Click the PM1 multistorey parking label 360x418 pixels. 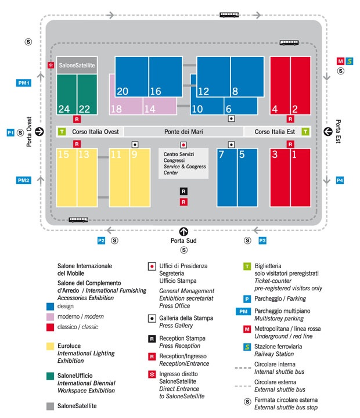(x=24, y=83)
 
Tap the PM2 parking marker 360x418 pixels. (x=23, y=180)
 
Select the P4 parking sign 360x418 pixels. (x=340, y=180)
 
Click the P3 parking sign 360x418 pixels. (x=262, y=240)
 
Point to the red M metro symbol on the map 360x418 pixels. (x=340, y=62)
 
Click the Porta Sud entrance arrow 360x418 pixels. (x=183, y=232)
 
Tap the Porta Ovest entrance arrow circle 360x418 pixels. (x=39, y=131)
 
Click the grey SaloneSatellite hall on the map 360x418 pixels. (x=77, y=65)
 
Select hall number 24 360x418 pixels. (x=67, y=95)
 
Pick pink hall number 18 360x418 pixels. (x=126, y=106)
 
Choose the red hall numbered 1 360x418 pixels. (x=301, y=178)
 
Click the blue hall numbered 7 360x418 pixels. (x=227, y=178)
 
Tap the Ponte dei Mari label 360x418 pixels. (x=183, y=132)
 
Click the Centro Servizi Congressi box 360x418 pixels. (x=183, y=163)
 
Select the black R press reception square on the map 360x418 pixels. (x=183, y=191)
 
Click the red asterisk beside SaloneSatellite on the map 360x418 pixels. (x=51, y=65)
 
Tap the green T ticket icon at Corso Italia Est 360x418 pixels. (x=305, y=131)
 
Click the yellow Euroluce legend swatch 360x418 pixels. (x=50, y=346)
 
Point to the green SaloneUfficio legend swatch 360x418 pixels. (x=50, y=376)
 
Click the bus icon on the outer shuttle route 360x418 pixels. (x=229, y=15)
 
